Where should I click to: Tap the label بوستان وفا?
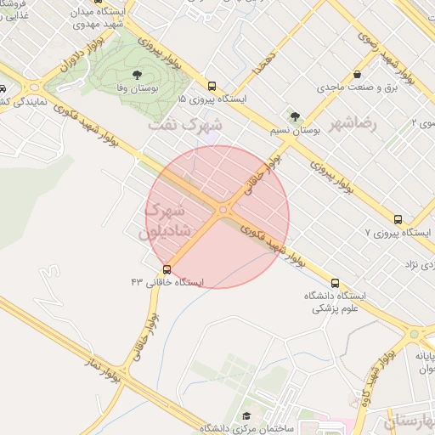pyautogui.click(x=138, y=88)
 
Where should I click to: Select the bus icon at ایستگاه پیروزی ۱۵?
pyautogui.click(x=212, y=86)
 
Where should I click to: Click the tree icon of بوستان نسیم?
pyautogui.click(x=294, y=117)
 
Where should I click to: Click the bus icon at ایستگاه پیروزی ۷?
pyautogui.click(x=399, y=218)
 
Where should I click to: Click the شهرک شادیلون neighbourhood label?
pyautogui.click(x=171, y=218)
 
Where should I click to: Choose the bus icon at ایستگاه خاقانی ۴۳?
pyautogui.click(x=167, y=268)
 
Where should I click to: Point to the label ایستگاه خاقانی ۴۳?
pyautogui.click(x=164, y=280)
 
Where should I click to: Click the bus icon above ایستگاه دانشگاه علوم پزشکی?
pyautogui.click(x=334, y=283)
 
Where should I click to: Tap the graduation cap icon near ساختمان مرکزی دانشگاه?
pyautogui.click(x=246, y=415)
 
